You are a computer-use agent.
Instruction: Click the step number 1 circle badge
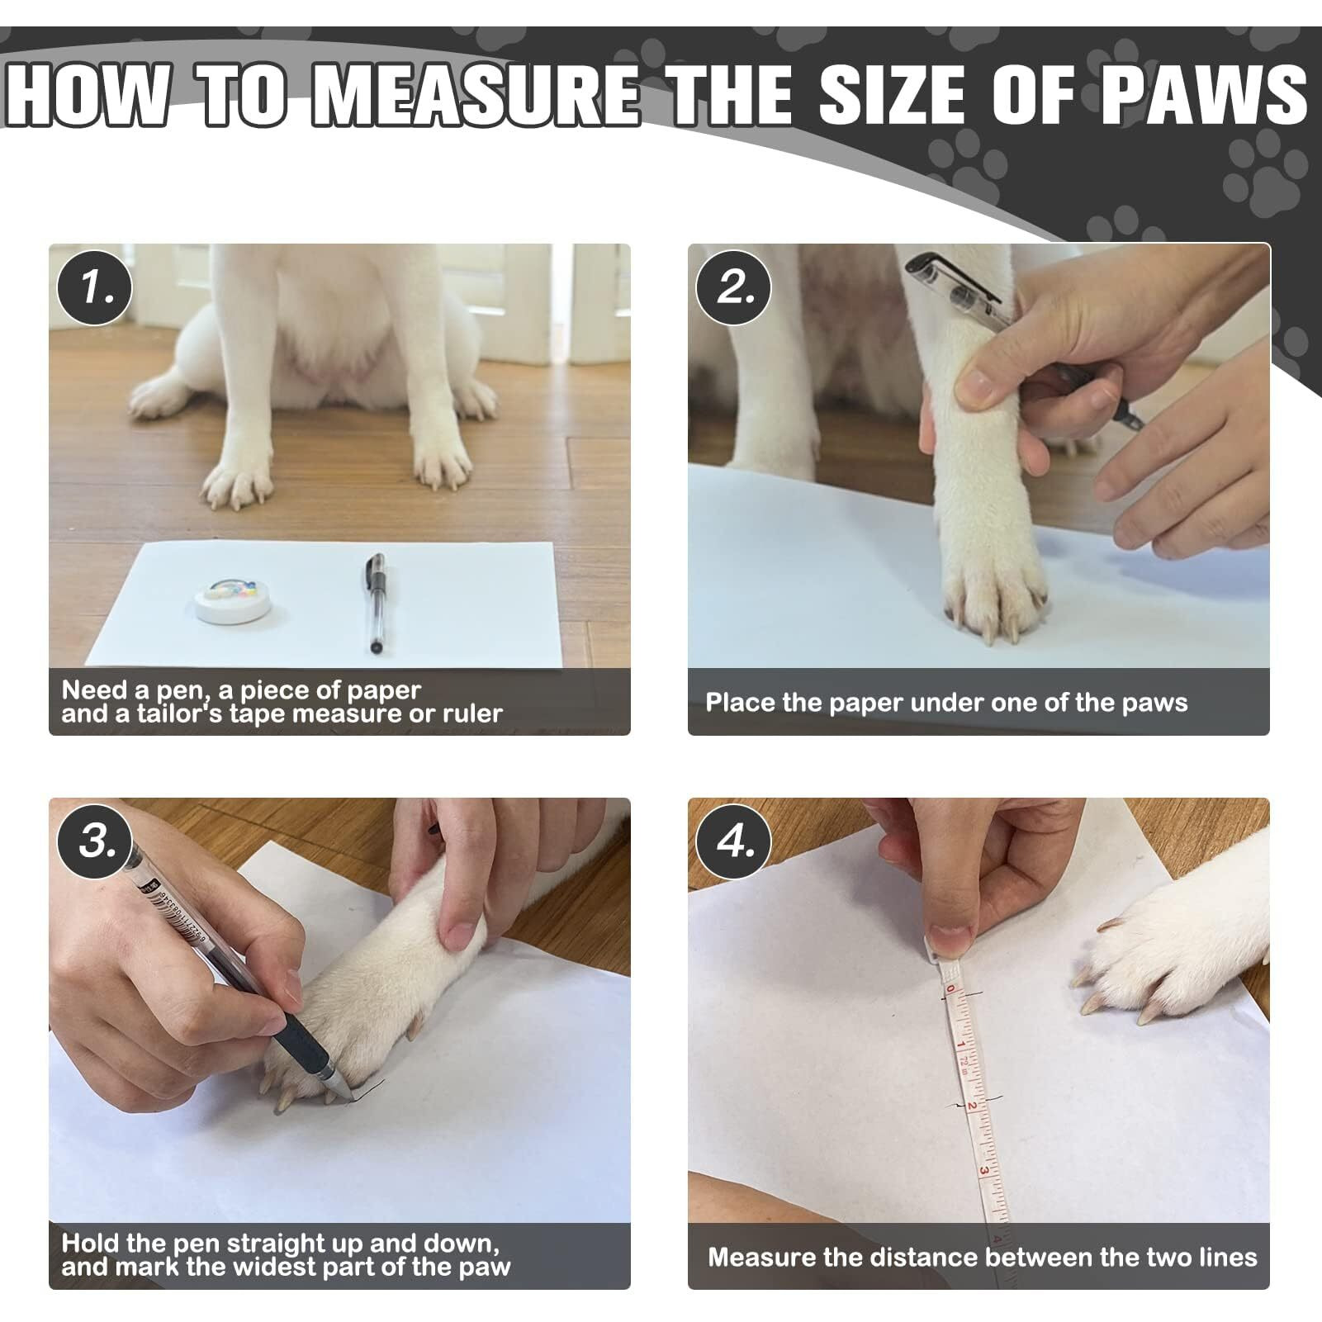tap(94, 287)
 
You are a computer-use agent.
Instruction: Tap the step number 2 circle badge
tap(734, 287)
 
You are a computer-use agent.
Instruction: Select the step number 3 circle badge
tap(94, 841)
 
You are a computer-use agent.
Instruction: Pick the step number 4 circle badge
tap(734, 841)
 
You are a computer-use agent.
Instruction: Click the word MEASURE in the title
tap(477, 96)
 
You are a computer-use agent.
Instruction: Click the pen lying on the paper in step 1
tap(374, 604)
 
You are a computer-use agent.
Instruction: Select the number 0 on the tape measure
tap(950, 989)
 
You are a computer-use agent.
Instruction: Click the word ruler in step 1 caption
tap(472, 713)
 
